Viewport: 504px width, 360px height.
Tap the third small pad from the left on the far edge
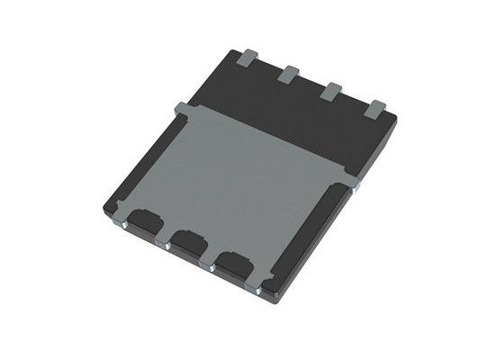(x=330, y=91)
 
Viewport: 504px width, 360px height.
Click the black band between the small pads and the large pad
(x=297, y=112)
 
